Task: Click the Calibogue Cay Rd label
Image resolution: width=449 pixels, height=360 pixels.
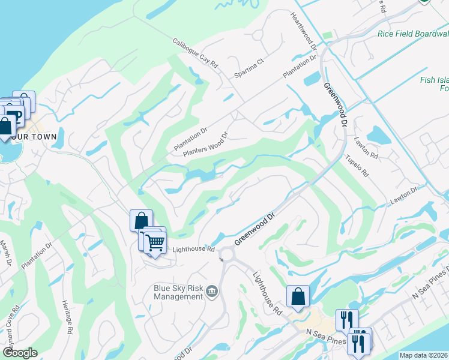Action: (x=196, y=53)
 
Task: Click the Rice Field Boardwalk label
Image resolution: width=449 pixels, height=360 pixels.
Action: (x=413, y=34)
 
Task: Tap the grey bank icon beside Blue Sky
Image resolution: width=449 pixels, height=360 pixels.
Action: (x=212, y=292)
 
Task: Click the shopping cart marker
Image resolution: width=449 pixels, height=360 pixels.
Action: (x=155, y=242)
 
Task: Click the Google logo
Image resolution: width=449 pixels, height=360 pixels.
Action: (x=20, y=353)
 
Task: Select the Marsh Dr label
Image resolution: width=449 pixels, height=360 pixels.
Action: (x=5, y=253)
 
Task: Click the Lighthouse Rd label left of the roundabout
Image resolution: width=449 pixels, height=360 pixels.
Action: (x=193, y=249)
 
